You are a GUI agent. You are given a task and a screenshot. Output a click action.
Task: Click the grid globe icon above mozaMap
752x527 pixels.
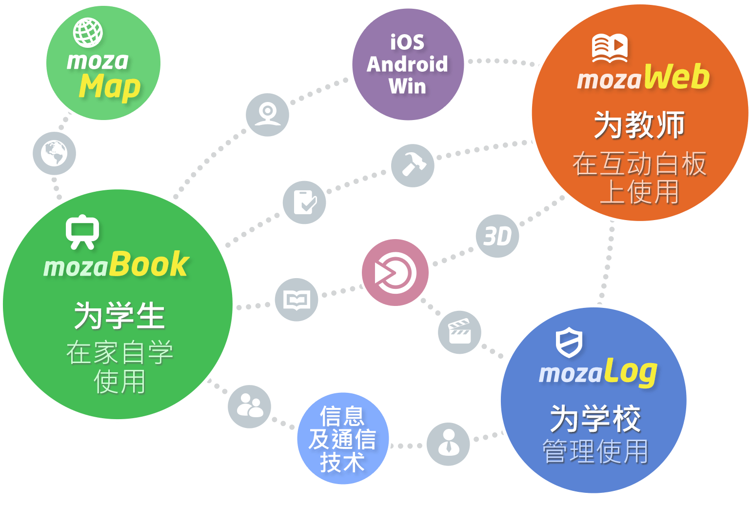pyautogui.click(x=88, y=32)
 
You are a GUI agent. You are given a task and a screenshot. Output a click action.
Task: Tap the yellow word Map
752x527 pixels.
pyautogui.click(x=110, y=87)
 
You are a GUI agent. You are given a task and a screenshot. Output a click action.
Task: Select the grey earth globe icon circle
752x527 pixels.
pyautogui.click(x=54, y=153)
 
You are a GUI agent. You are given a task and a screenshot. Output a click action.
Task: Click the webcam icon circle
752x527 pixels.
pyautogui.click(x=267, y=115)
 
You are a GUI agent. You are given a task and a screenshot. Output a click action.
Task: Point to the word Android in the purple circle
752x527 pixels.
pyautogui.click(x=407, y=64)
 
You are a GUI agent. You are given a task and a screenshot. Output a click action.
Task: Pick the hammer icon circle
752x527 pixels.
pyautogui.click(x=413, y=165)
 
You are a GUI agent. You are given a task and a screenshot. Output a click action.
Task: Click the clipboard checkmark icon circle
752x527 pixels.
pyautogui.click(x=304, y=202)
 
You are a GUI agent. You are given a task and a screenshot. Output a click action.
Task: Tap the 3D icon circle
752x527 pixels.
pyautogui.click(x=497, y=236)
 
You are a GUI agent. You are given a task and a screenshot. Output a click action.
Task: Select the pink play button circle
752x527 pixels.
pyautogui.click(x=395, y=272)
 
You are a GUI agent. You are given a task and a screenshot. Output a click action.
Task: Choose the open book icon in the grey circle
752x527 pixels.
pyautogui.click(x=297, y=300)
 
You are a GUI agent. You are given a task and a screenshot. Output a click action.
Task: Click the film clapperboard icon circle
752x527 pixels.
pyautogui.click(x=459, y=332)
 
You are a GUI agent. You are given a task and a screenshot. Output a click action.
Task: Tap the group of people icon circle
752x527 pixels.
pyautogui.click(x=249, y=406)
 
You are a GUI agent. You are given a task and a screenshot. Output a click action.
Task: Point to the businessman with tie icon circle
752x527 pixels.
pyautogui.click(x=448, y=444)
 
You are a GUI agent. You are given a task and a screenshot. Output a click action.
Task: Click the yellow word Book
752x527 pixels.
pyautogui.click(x=149, y=265)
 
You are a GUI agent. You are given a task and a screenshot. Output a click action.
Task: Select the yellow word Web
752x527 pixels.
pyautogui.click(x=677, y=77)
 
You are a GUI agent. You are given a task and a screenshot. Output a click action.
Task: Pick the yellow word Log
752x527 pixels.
pyautogui.click(x=631, y=373)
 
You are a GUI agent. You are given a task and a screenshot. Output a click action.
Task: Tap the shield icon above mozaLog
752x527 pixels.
pyautogui.click(x=569, y=342)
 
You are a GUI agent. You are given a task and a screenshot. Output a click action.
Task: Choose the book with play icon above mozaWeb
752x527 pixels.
pyautogui.click(x=610, y=48)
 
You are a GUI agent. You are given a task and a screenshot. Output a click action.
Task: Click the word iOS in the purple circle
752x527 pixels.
pyautogui.click(x=407, y=42)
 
